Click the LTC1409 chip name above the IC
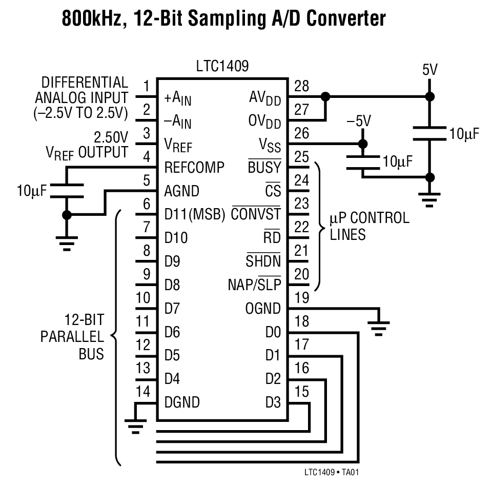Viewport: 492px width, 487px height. (222, 67)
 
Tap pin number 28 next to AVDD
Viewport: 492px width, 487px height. (302, 86)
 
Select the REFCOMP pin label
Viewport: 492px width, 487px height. (195, 168)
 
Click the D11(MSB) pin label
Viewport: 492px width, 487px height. (195, 215)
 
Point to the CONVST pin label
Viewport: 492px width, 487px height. (256, 215)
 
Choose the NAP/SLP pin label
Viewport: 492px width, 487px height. (255, 285)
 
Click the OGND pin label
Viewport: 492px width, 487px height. (263, 309)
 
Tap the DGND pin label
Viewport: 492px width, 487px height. (182, 402)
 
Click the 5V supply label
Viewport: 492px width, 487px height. (430, 70)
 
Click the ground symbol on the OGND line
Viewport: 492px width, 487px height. (378, 327)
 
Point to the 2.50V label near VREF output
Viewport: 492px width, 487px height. (110, 137)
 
